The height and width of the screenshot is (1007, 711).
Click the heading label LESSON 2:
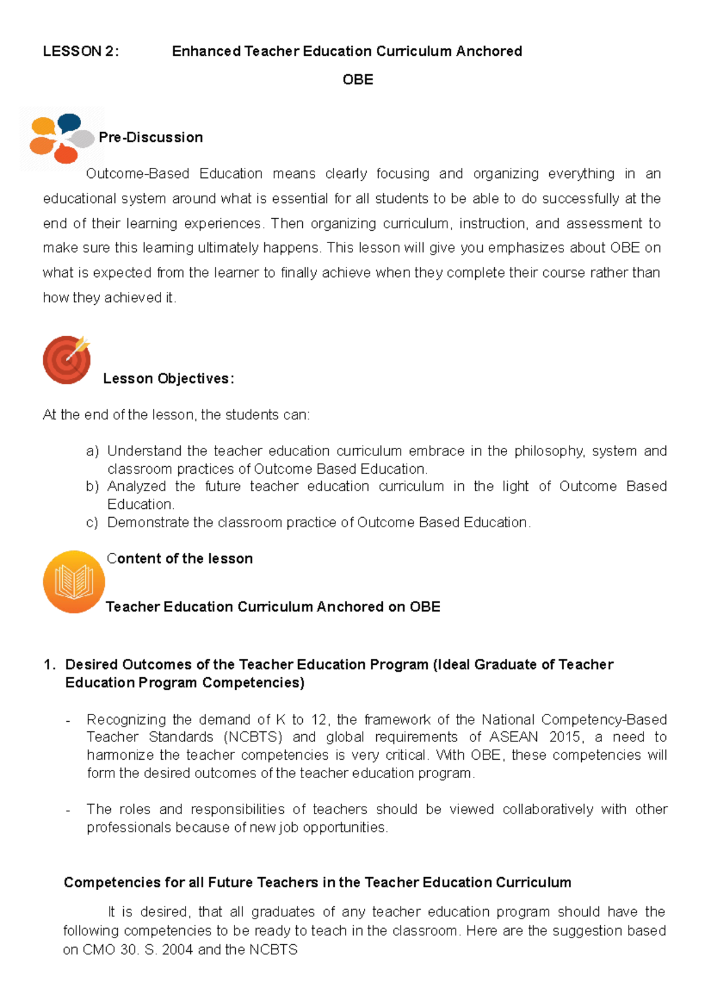coord(81,52)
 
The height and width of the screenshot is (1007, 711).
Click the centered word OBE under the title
coord(358,80)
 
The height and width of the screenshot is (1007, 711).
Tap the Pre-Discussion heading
coord(151,138)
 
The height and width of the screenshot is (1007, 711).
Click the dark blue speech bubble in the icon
coord(69,123)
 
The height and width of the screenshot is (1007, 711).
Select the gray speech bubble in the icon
coord(82,139)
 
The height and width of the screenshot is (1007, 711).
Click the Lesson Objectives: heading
coord(169,379)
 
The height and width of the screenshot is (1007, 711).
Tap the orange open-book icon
coord(73,582)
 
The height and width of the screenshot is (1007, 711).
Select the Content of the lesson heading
coord(180,559)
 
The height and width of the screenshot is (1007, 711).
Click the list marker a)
coord(92,451)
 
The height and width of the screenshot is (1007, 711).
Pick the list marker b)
coord(92,487)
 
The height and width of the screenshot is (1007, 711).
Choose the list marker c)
coord(92,522)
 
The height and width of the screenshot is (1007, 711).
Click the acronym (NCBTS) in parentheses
coord(253,737)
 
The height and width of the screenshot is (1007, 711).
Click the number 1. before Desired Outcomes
coord(50,665)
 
